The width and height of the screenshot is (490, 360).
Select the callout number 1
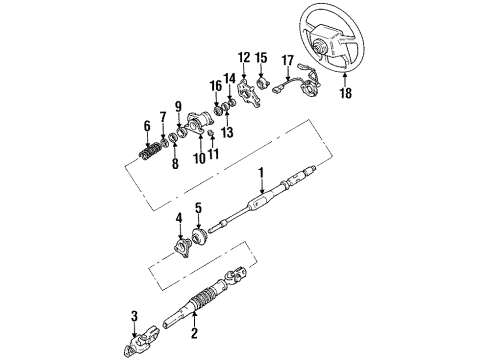click(x=262, y=178)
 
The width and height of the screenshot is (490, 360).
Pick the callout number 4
click(x=178, y=218)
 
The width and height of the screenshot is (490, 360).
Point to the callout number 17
click(x=289, y=59)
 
